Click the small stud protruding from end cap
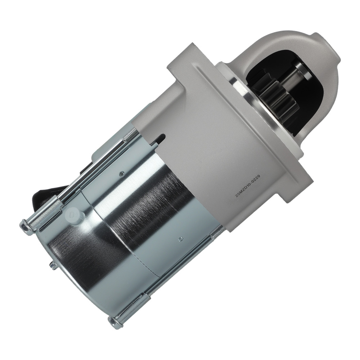53,266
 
